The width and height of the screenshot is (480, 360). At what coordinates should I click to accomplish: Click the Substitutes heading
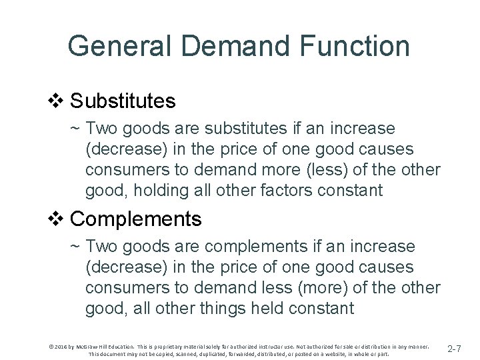123,101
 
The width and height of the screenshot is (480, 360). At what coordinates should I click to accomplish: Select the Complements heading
135,218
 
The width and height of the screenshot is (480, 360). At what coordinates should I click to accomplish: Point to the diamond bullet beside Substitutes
56,101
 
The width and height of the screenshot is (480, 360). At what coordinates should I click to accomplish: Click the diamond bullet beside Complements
56,218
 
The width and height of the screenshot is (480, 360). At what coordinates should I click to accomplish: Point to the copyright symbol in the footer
51,346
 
